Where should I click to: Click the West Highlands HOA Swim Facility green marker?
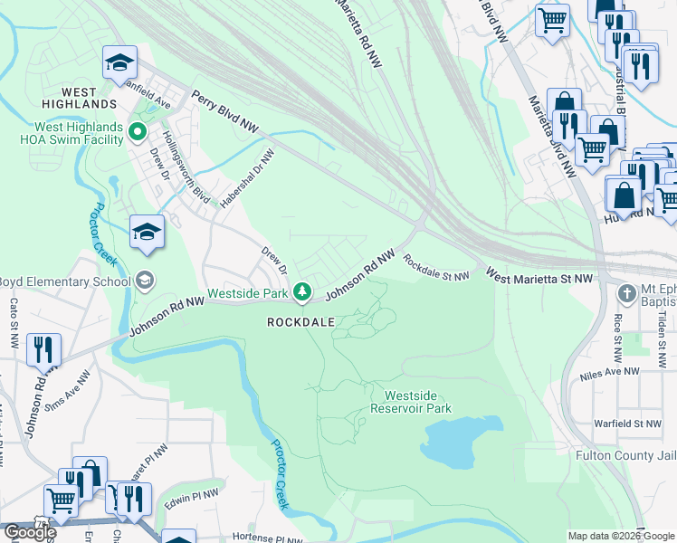138,133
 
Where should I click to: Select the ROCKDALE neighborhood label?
301,322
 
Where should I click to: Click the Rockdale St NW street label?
436,267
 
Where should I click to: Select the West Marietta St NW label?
539,275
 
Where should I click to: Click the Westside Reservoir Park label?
417,402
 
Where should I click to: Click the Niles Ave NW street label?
608,371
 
